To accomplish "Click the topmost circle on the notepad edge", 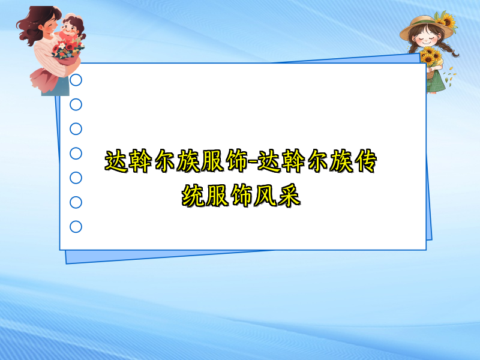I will (76, 80).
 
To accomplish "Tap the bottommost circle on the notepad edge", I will (76, 227).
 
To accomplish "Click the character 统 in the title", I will (194, 196).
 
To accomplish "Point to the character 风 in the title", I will (264, 196).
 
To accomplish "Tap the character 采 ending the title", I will (288, 196).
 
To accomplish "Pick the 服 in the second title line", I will (217, 196).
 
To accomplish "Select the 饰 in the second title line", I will (241, 196).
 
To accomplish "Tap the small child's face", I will (68, 29).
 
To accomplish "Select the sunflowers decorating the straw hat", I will (445, 22).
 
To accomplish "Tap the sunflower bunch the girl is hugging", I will (430, 56).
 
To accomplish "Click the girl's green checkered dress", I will (436, 81).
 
